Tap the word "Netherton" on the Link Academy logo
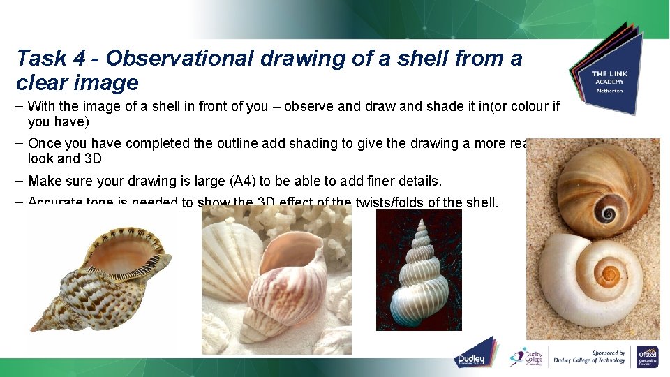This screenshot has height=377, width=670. click(x=609, y=91)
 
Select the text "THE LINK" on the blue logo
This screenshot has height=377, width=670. click(x=609, y=73)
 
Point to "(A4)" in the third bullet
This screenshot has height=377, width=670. click(x=241, y=181)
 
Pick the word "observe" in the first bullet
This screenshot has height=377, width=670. click(x=322, y=107)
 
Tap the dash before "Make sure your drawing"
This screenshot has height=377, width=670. click(x=20, y=181)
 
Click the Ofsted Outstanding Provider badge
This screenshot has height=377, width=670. click(x=647, y=356)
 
